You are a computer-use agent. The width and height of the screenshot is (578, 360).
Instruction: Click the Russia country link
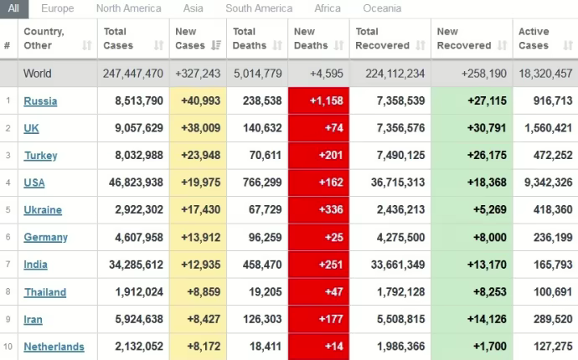pyautogui.click(x=40, y=101)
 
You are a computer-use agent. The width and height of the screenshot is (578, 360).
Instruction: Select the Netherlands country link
pyautogui.click(x=54, y=347)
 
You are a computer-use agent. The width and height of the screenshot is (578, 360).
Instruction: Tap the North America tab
pyautogui.click(x=128, y=8)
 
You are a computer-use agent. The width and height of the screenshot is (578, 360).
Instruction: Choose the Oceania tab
pyautogui.click(x=382, y=8)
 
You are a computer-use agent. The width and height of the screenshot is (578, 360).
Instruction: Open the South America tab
pyautogui.click(x=258, y=8)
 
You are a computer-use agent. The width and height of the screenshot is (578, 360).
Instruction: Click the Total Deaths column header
pyautogui.click(x=250, y=39)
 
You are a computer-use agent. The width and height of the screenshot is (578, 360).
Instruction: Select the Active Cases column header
pyautogui.click(x=534, y=39)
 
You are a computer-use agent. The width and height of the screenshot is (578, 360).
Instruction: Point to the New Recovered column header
pyautogui.click(x=464, y=39)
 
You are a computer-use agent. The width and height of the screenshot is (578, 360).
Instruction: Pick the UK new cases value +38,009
pyautogui.click(x=199, y=128)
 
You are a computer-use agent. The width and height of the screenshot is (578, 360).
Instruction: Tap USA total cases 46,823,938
pyautogui.click(x=133, y=183)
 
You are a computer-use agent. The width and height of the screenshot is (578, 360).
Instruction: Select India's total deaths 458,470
pyautogui.click(x=257, y=265)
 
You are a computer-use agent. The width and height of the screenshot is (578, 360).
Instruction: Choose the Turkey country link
pyautogui.click(x=40, y=156)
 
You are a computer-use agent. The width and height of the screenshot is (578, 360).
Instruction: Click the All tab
pyautogui.click(x=13, y=8)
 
